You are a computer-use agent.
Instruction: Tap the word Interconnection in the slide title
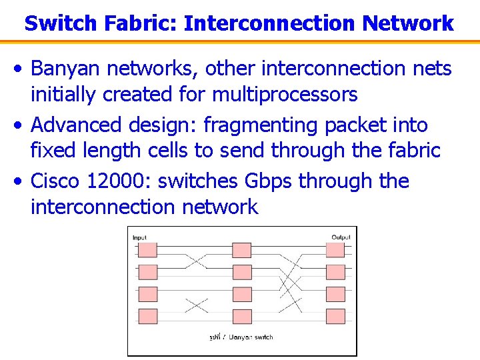270,23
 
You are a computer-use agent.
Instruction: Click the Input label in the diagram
140,237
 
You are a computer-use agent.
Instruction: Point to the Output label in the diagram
341,237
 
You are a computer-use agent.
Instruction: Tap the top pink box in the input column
147,250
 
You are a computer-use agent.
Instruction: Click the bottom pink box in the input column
147,316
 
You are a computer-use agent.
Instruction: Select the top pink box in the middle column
241,250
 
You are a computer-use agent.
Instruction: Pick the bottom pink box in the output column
335,316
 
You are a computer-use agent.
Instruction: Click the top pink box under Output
335,250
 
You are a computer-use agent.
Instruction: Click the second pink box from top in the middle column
241,272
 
